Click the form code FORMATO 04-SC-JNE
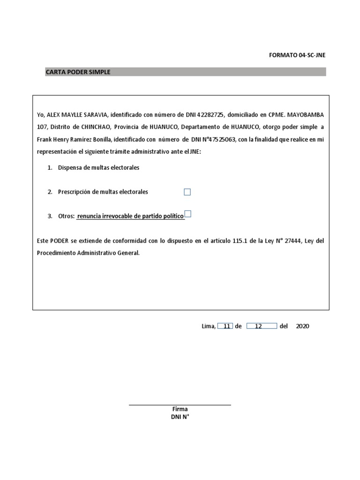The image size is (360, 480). click(x=297, y=55)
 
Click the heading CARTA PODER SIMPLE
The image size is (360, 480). click(x=78, y=72)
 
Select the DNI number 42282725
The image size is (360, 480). click(x=211, y=115)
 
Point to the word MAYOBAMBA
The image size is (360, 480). click(x=305, y=115)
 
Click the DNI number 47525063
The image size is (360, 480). click(x=221, y=139)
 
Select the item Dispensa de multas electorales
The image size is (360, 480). click(x=98, y=167)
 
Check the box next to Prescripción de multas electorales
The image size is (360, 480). click(x=187, y=192)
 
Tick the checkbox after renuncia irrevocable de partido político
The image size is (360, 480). click(x=187, y=214)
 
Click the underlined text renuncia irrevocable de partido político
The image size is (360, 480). click(x=130, y=216)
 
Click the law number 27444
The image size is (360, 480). click(x=292, y=240)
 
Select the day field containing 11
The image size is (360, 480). click(x=225, y=326)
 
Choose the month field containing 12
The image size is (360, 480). click(x=261, y=326)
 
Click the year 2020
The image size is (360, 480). click(x=302, y=326)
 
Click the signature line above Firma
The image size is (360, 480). click(x=180, y=405)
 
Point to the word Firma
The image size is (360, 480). click(x=180, y=409)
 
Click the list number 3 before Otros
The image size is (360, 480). click(x=50, y=216)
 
